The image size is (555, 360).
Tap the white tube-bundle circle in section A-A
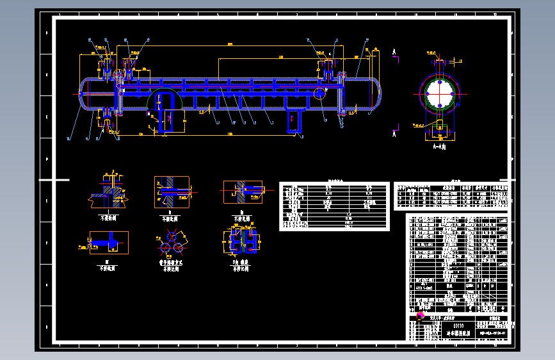tap(438, 93)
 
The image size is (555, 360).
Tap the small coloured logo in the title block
tap(421, 316)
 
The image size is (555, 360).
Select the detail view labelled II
tap(171, 192)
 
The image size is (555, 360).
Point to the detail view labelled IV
tap(108, 243)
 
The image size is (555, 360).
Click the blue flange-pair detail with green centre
tap(242, 241)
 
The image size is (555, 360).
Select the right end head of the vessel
tap(374, 95)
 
